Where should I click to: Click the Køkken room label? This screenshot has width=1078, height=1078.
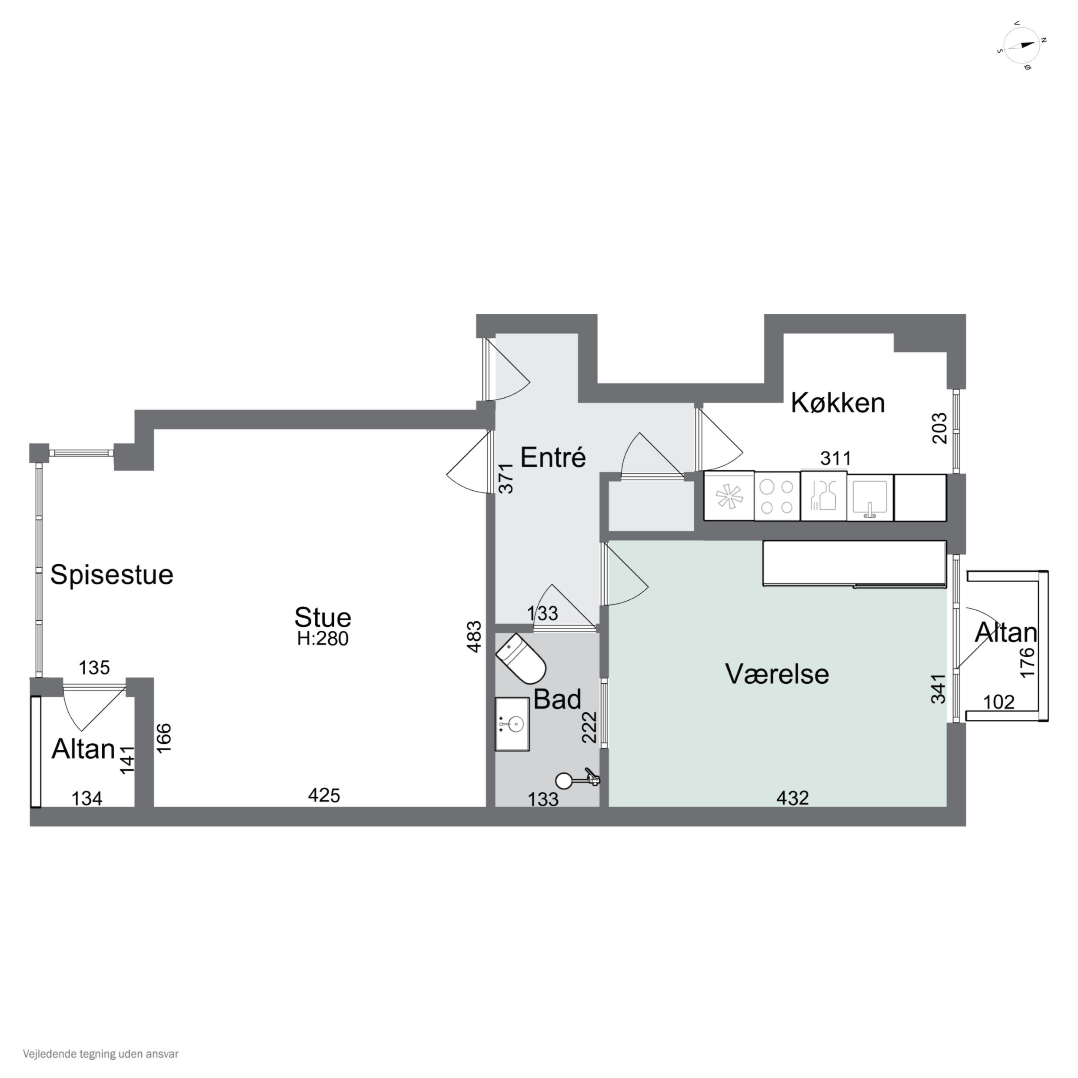pyautogui.click(x=838, y=403)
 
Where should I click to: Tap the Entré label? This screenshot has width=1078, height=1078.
pyautogui.click(x=553, y=458)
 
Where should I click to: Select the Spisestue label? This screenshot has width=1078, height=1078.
pyautogui.click(x=112, y=575)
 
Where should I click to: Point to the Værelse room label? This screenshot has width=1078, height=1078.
pyautogui.click(x=777, y=674)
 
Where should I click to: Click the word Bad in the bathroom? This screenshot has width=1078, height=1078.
pyautogui.click(x=557, y=699)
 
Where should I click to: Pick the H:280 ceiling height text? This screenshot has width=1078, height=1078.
pyautogui.click(x=323, y=638)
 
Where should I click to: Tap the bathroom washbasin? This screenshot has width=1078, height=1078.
pyautogui.click(x=512, y=724)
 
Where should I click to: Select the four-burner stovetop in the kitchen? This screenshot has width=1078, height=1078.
pyautogui.click(x=777, y=496)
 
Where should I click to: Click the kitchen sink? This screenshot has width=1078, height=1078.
pyautogui.click(x=869, y=496)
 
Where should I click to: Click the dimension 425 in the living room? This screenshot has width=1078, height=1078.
pyautogui.click(x=324, y=795)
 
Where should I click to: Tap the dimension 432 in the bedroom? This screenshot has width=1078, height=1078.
pyautogui.click(x=792, y=798)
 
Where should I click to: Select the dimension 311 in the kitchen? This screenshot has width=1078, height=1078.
pyautogui.click(x=836, y=459)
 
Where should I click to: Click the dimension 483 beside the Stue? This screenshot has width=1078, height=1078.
pyautogui.click(x=474, y=637)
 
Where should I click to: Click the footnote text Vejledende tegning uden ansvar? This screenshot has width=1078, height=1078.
pyautogui.click(x=100, y=1054)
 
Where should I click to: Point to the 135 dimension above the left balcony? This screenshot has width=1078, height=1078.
pyautogui.click(x=94, y=667)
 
